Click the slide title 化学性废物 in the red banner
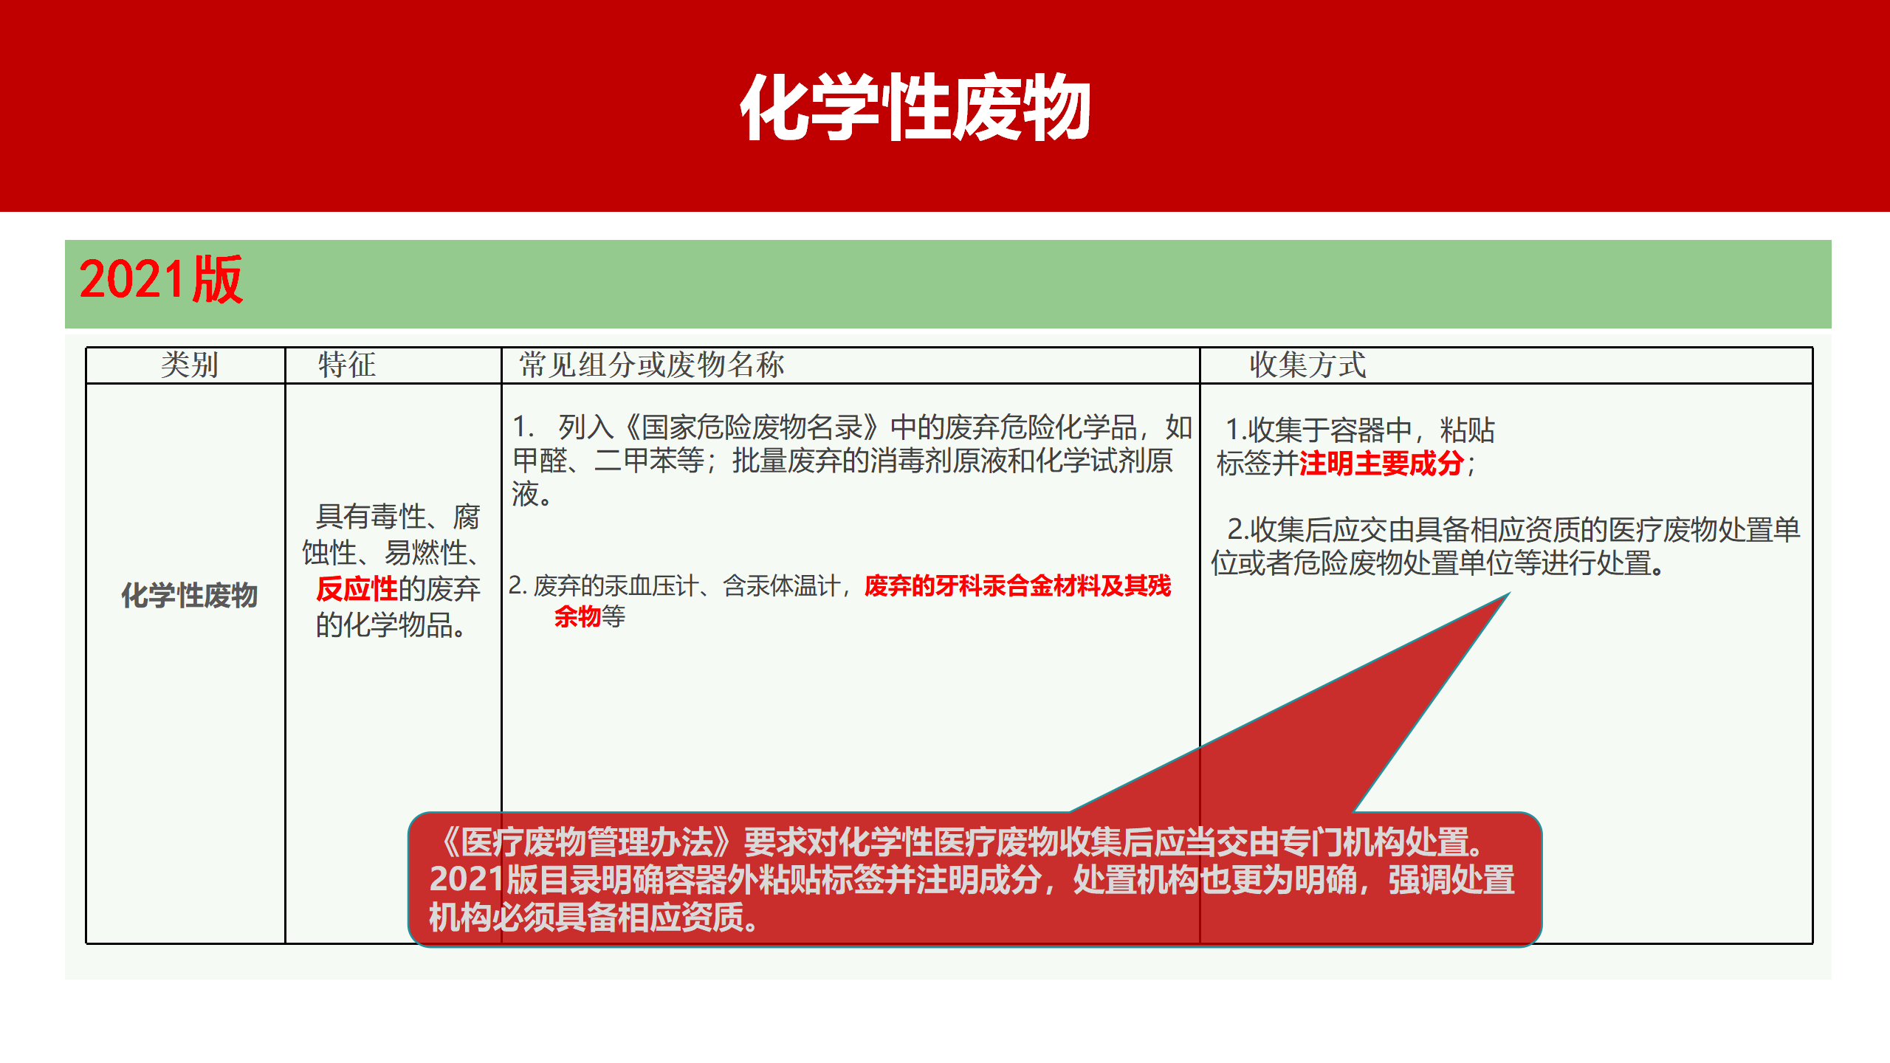pos(915,107)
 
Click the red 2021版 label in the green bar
pos(161,281)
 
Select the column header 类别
pos(189,365)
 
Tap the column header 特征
pos(346,365)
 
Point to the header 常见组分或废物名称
pos(651,365)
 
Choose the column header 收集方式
pos(1307,365)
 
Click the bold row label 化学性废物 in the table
pos(189,595)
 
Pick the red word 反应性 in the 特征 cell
pos(357,589)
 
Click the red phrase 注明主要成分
pos(1381,464)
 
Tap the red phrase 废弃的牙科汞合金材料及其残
pos(1017,586)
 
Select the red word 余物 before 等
pos(577,616)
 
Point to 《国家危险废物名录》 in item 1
pos(753,427)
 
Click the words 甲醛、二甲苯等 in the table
pos(609,461)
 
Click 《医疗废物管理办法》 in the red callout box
pos(587,842)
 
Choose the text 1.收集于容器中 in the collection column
pos(1318,430)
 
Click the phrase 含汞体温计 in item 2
pos(781,586)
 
